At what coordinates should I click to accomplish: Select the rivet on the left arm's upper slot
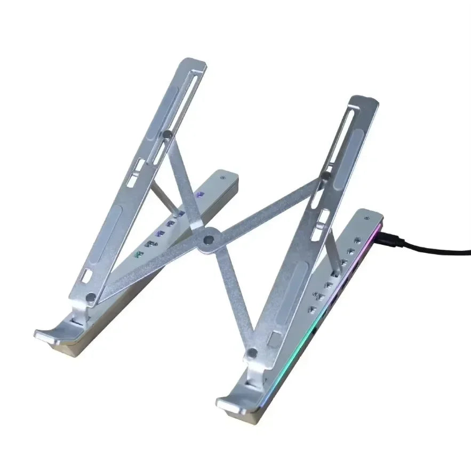(167, 135)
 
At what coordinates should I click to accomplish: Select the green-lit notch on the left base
(139, 253)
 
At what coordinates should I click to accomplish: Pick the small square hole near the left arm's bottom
(86, 277)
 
